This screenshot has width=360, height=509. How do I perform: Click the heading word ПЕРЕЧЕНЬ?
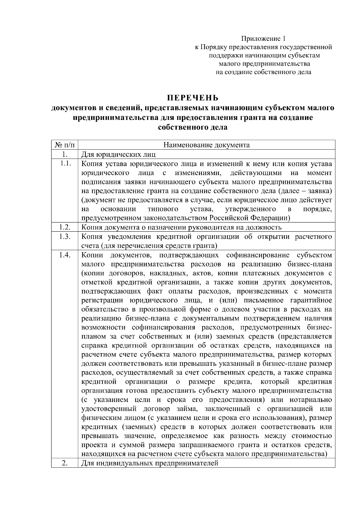[x=193, y=98]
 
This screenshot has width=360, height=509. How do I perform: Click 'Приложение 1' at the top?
[x=263, y=39]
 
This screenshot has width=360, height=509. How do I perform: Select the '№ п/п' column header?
[x=64, y=145]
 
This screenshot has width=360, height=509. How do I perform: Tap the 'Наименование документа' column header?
[x=206, y=145]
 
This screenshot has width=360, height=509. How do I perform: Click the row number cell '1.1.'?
[x=64, y=164]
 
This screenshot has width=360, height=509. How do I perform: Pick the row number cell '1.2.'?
[x=64, y=227]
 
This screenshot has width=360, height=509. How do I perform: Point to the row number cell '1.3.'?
[x=64, y=237]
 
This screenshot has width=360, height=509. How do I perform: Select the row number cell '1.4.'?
[x=64, y=255]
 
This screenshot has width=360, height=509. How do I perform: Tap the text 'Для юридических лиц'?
[x=118, y=155]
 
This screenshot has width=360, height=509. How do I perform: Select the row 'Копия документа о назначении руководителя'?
[x=181, y=228]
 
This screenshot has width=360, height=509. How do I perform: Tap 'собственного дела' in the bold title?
[x=193, y=127]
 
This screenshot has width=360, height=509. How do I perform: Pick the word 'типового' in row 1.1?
[x=163, y=209]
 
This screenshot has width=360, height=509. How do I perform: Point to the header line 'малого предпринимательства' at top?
[x=264, y=64]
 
